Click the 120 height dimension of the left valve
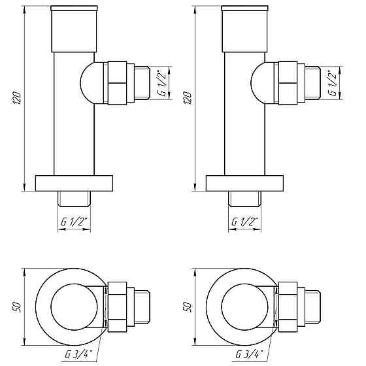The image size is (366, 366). (x=18, y=98)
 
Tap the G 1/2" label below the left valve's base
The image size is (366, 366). (x=73, y=222)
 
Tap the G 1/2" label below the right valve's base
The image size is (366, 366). (x=244, y=222)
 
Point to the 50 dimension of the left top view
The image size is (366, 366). (x=16, y=306)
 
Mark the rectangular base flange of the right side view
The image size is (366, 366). (x=244, y=183)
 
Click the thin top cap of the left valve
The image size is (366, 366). (x=73, y=10)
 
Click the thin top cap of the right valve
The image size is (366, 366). (x=244, y=10)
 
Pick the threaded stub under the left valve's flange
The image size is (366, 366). (x=73, y=197)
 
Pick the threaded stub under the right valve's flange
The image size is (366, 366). (x=244, y=197)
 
